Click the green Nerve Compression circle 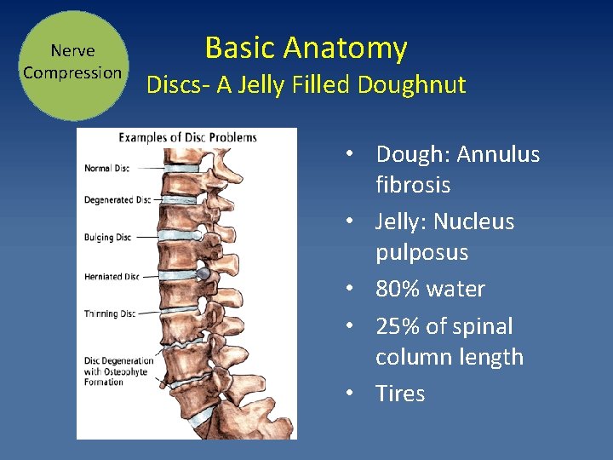(x=72, y=65)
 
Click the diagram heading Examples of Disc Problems (x=187, y=137)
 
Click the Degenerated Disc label (x=117, y=200)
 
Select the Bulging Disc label (x=107, y=237)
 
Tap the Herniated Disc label (x=112, y=276)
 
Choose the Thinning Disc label (x=110, y=313)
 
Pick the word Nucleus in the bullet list (x=473, y=222)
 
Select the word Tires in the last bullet (x=400, y=394)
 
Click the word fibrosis (x=413, y=186)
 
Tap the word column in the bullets (x=415, y=357)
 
